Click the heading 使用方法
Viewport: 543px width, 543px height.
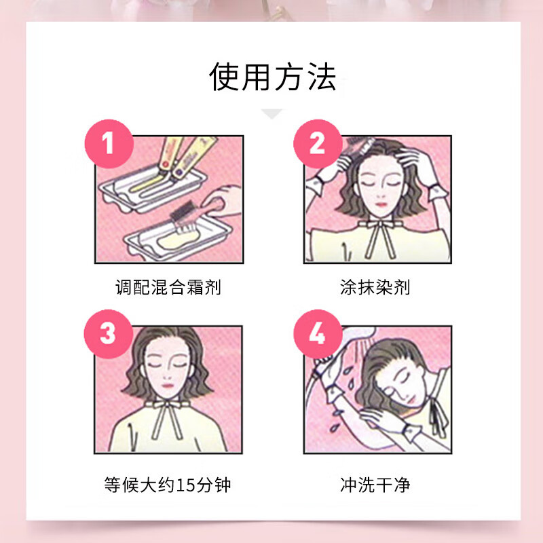point(272,77)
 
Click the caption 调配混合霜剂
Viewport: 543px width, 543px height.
point(168,287)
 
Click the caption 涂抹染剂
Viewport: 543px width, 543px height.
point(375,287)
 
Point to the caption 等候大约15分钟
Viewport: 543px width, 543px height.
point(168,485)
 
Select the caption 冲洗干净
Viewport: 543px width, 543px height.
point(375,485)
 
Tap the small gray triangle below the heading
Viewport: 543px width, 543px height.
point(272,113)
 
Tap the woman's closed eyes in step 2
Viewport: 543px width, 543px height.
point(375,185)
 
